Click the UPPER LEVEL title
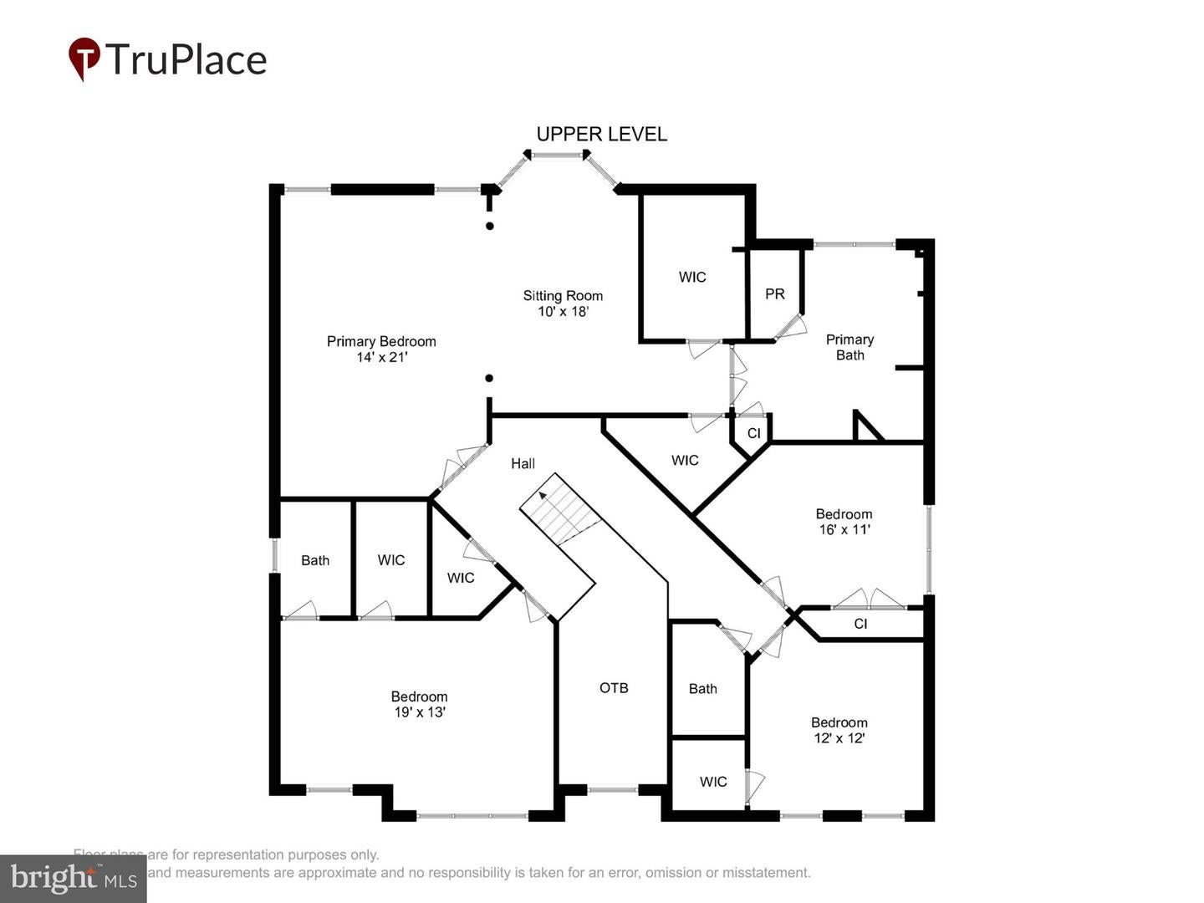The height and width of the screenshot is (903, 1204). tap(601, 134)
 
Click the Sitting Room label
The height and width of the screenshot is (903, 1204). tap(563, 296)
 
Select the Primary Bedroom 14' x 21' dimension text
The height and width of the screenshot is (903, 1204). tap(381, 357)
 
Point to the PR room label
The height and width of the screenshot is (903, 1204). tap(774, 294)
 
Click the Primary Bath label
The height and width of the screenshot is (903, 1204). tap(849, 347)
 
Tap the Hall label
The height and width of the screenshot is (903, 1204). tap(523, 463)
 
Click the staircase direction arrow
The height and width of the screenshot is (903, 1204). tap(543, 495)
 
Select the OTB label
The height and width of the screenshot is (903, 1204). tap(614, 688)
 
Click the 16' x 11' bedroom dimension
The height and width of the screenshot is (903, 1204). tap(844, 529)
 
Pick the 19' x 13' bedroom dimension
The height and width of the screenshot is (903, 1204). tap(419, 712)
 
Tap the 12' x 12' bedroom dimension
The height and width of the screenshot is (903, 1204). tap(839, 738)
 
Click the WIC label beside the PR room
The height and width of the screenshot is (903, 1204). tap(691, 277)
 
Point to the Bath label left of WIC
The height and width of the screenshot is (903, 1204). tap(315, 560)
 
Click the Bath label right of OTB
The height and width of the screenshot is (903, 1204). tap(702, 689)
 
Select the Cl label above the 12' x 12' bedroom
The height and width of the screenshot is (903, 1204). tap(860, 624)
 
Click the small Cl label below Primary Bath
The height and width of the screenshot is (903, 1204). tap(753, 433)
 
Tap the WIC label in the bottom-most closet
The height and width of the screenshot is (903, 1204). tap(713, 782)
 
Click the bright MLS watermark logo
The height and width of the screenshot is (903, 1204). tap(74, 878)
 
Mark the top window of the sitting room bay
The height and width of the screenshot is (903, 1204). tap(558, 155)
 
